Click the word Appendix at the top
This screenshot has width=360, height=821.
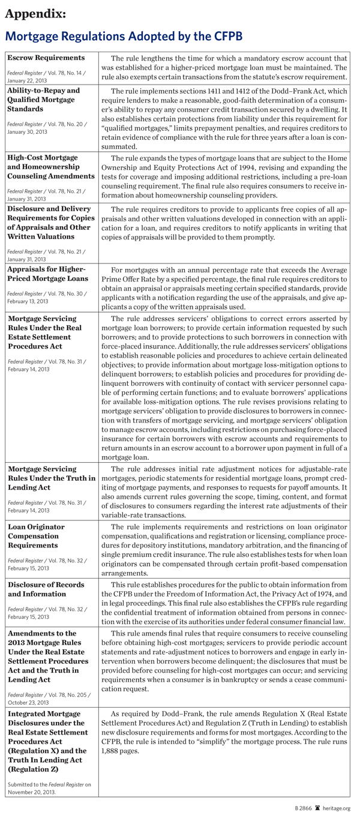(x=36, y=13)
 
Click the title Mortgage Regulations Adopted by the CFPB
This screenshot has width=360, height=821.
(x=124, y=37)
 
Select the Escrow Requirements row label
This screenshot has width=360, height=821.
(x=46, y=58)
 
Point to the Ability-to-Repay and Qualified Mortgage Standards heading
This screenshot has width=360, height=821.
(x=44, y=100)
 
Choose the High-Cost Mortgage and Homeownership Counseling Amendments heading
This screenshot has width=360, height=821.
(x=51, y=166)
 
